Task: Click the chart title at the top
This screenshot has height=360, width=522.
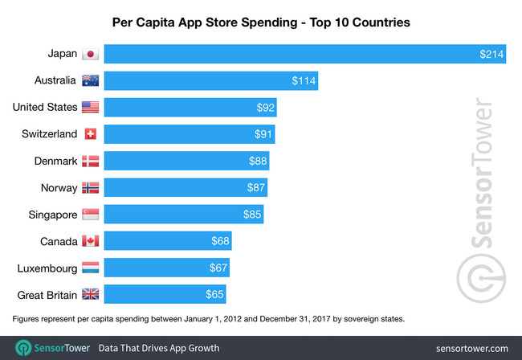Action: pyautogui.click(x=260, y=22)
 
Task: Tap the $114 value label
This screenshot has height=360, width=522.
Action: pyautogui.click(x=304, y=81)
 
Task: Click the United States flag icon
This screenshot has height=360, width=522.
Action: pyautogui.click(x=90, y=107)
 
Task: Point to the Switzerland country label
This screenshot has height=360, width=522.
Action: pyautogui.click(x=51, y=134)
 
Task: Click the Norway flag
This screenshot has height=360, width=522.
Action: pyautogui.click(x=90, y=187)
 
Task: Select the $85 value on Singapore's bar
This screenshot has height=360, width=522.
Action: pyautogui.click(x=252, y=215)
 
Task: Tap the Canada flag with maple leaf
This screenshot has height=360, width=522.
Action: pyautogui.click(x=90, y=241)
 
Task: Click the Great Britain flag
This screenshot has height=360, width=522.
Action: pyautogui.click(x=90, y=294)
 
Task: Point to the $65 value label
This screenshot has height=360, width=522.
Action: pyautogui.click(x=214, y=294)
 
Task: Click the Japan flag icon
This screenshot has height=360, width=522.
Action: pyautogui.click(x=90, y=55)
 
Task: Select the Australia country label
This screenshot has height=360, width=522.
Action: pyautogui.click(x=55, y=81)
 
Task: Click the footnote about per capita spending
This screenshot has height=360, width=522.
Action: pyautogui.click(x=208, y=319)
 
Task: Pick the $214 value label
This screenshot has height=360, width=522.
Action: pyautogui.click(x=491, y=55)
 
